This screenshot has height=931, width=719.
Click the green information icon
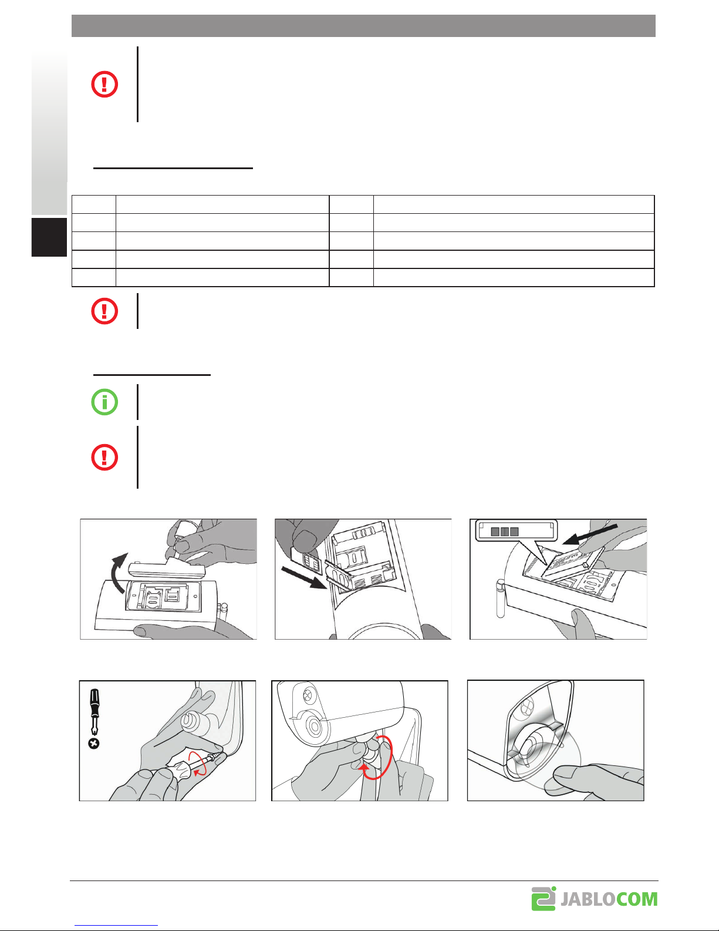(x=104, y=402)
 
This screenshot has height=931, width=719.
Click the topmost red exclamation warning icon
(x=104, y=84)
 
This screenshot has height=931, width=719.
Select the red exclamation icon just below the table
(x=104, y=311)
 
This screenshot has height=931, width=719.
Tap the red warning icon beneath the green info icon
(x=104, y=457)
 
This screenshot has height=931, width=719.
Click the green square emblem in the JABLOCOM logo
(x=544, y=899)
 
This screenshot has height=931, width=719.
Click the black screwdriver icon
(x=94, y=711)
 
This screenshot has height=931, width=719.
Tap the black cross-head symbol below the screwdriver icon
(x=94, y=744)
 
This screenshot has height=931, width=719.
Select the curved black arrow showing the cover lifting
(x=117, y=572)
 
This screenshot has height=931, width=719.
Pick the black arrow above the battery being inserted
(x=590, y=534)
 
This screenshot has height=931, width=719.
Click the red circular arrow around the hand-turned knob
(x=379, y=758)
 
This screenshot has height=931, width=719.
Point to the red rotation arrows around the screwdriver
(x=198, y=763)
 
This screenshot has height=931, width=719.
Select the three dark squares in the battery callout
(x=505, y=532)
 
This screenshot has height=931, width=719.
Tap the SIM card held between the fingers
(x=308, y=562)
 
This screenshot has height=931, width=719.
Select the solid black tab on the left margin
(x=49, y=237)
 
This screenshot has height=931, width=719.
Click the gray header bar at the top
(x=363, y=26)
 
